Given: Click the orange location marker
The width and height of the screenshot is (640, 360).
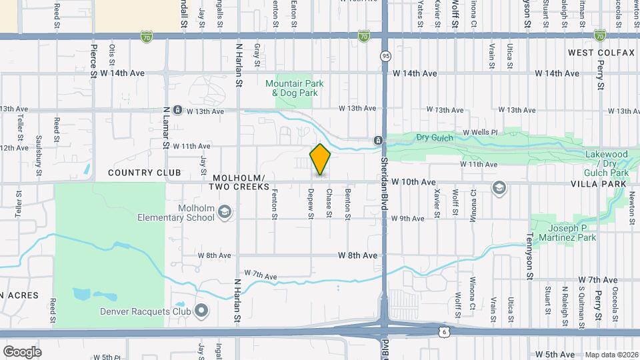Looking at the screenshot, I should coord(321,159).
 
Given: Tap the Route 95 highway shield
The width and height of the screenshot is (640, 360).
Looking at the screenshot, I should coord(386,57).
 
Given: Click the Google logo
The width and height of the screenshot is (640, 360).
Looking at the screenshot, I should coord(22,352).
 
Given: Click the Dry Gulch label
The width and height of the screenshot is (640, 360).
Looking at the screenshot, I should coord(434,137).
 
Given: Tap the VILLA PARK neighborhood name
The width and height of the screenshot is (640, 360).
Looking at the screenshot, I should coord(599,183).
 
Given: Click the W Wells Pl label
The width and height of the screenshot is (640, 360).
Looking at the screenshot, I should coord(480,133).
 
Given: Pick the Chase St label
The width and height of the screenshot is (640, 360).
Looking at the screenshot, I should coord(329,203).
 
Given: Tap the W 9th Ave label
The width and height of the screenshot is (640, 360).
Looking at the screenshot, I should coord(407,219).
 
